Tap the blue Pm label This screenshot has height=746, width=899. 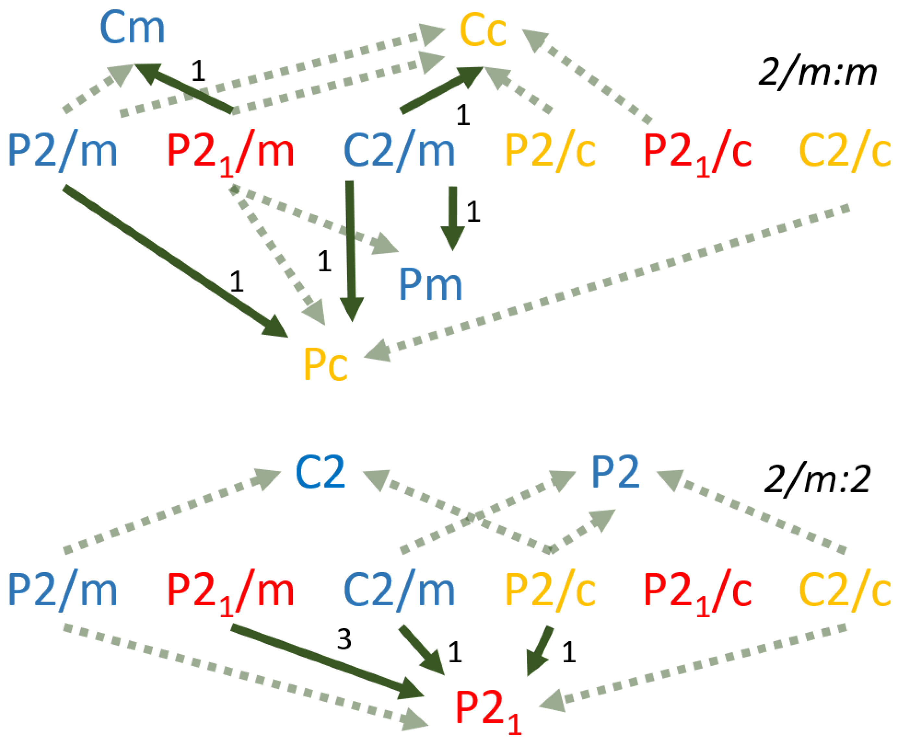(x=430, y=285)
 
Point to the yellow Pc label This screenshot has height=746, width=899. (x=325, y=364)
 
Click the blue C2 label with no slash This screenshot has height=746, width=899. (x=320, y=472)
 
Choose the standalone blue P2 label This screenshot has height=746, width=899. (x=615, y=472)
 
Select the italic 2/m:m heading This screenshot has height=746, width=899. (x=817, y=73)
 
